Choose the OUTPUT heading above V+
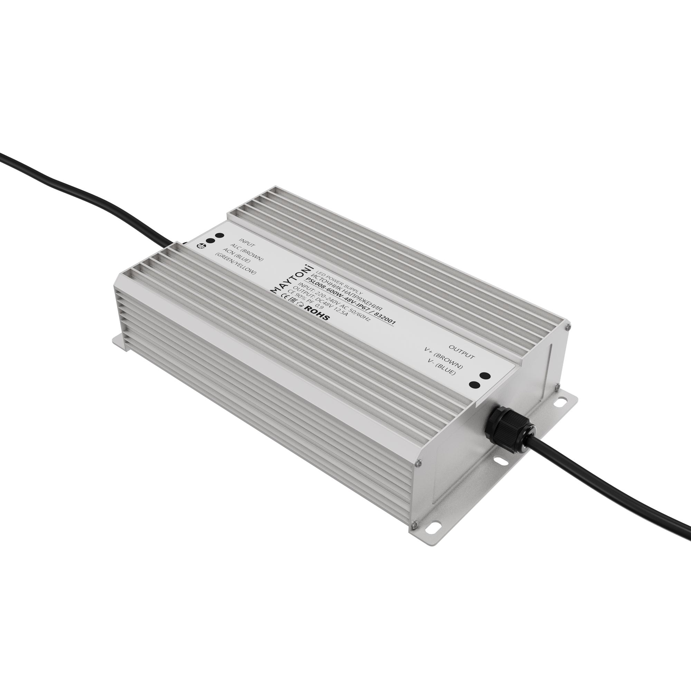(462, 352)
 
